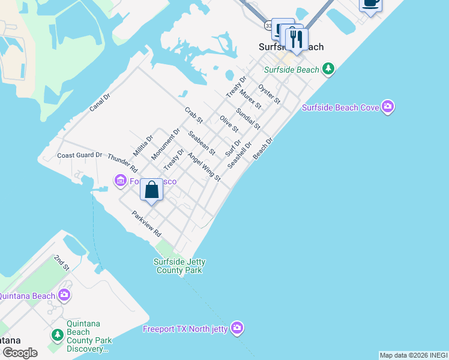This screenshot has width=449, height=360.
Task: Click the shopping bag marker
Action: (x=152, y=190)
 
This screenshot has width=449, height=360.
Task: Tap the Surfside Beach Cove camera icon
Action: (x=387, y=107)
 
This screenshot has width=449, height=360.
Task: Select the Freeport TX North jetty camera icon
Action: (x=237, y=328)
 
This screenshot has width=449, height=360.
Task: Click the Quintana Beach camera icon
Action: (x=64, y=295)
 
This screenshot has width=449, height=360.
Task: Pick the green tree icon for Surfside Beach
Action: (x=328, y=70)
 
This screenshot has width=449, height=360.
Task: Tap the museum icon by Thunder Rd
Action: (x=120, y=181)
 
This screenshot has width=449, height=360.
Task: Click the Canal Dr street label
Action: (x=100, y=103)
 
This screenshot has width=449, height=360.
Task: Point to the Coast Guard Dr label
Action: (x=80, y=155)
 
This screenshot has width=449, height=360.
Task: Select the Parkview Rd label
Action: (x=147, y=223)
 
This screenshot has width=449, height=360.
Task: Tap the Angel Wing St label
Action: (x=204, y=167)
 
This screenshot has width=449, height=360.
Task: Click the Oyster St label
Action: (x=269, y=94)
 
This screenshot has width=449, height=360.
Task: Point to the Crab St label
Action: (x=194, y=115)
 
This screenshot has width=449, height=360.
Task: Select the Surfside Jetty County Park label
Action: (x=178, y=266)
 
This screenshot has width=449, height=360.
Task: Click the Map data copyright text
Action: (x=413, y=355)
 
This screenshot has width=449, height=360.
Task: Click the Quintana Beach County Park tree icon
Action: (x=57, y=334)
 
